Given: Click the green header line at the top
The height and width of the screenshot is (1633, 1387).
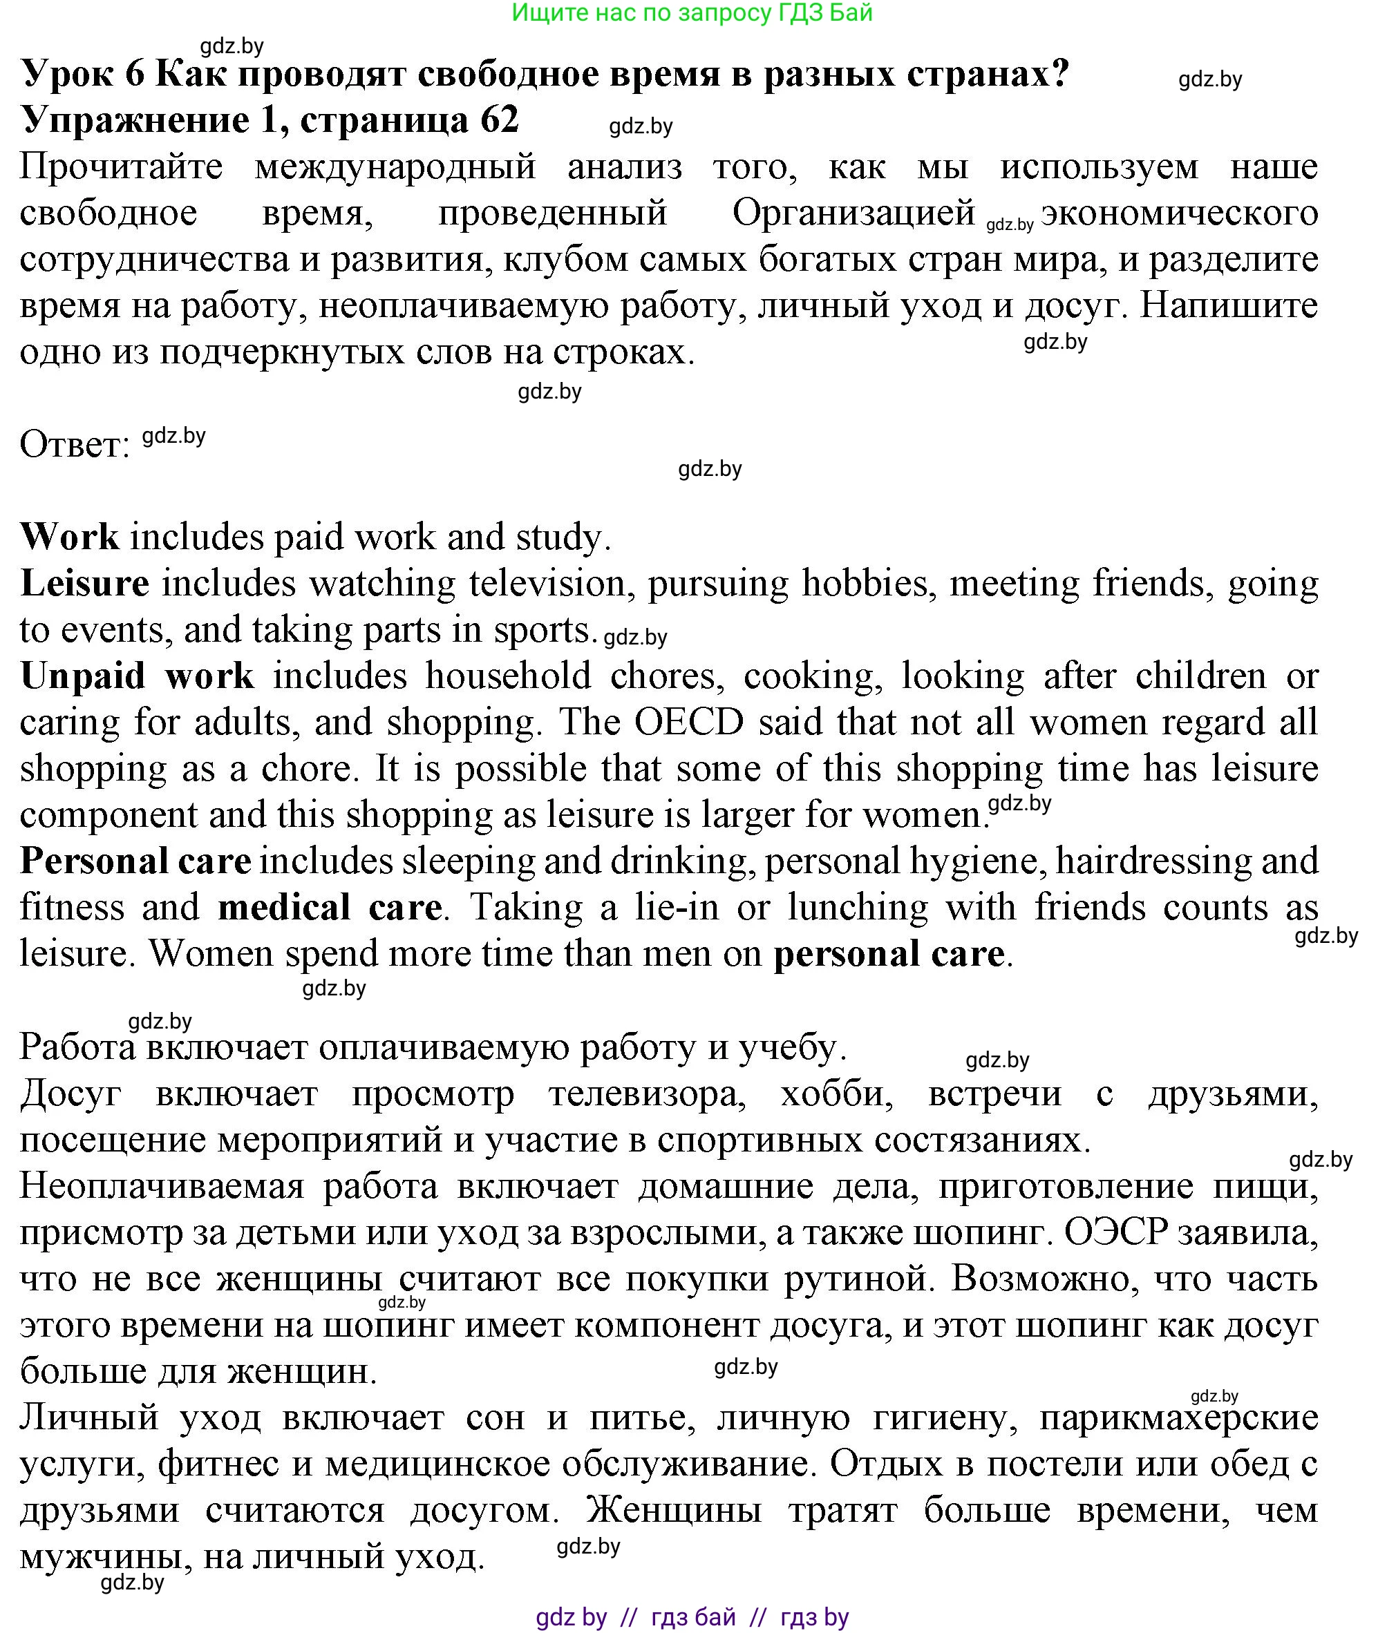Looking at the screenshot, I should pos(692,12).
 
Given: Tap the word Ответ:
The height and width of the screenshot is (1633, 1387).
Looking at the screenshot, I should pos(75,445).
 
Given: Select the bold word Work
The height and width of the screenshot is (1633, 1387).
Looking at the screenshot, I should pos(69,537).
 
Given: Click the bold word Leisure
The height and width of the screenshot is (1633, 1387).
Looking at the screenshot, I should pos(85,583).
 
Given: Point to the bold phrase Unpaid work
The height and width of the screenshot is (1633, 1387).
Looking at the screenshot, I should pos(138,676).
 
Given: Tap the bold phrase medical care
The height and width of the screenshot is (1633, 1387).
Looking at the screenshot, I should pos(330,908).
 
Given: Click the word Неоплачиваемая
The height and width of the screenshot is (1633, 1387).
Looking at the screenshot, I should pos(161,1187).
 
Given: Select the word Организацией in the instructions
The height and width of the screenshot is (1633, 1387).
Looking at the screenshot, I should pos(853,212).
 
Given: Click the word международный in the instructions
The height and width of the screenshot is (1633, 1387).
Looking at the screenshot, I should pos(395,166).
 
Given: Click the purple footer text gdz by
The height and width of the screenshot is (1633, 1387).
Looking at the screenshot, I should pos(572,1616).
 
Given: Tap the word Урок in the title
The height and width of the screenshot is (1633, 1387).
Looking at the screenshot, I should pos(70,74).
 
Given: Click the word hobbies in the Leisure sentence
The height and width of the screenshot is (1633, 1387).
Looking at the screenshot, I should pos(865,583).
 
